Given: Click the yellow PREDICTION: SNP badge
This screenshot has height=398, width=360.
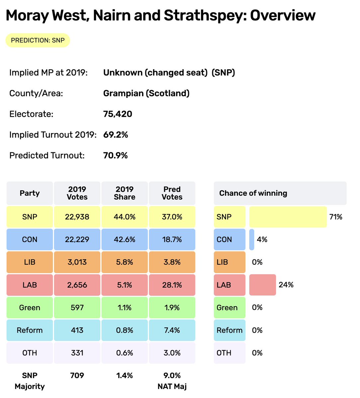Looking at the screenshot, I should (37, 40).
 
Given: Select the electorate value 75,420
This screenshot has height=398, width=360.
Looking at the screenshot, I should (117, 114).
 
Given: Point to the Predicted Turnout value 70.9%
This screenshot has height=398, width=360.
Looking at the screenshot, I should (115, 156).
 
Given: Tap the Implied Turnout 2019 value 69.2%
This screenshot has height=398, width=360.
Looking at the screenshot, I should (115, 135).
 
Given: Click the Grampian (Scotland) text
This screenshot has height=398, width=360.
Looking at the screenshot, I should (146, 93).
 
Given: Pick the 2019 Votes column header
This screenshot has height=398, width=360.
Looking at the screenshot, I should (77, 193).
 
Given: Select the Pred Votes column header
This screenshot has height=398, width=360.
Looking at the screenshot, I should (172, 193).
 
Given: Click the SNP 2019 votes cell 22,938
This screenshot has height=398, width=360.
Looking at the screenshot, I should (77, 217).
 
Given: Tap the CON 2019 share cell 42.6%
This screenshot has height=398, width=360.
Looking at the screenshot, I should (124, 239).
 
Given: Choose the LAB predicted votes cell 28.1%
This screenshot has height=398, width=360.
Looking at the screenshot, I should (172, 285).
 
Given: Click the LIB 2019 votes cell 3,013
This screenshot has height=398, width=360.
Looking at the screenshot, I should (77, 262).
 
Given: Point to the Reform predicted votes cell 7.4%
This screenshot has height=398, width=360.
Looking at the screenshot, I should (172, 330).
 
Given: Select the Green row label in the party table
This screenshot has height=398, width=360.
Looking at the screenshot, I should (30, 307).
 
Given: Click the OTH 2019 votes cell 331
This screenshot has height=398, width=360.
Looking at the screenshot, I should (77, 353).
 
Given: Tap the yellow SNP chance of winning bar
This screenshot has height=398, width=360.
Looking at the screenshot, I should (288, 217).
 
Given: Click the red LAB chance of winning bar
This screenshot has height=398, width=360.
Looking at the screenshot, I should (262, 285).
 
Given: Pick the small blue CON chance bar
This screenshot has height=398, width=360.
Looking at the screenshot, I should (252, 239).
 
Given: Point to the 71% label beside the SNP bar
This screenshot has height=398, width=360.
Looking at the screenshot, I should (335, 217).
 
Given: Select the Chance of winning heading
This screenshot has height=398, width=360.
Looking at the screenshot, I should (253, 193).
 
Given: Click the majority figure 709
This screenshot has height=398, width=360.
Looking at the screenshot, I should (77, 375).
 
